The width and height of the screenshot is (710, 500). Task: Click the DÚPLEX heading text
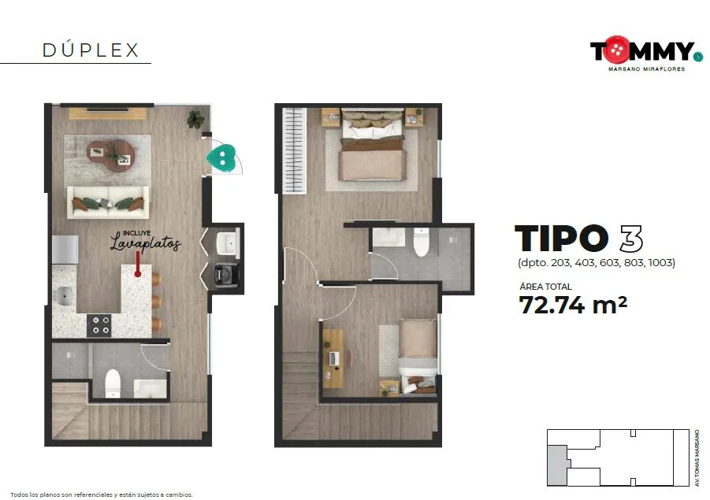tap(90, 50)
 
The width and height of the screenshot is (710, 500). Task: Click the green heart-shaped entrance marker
tap(222, 157)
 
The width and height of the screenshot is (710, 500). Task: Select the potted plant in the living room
tap(195, 119)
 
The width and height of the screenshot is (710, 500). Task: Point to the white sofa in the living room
tap(108, 202)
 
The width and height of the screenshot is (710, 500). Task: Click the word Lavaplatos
tap(146, 243)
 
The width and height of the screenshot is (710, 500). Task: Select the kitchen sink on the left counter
tap(64, 296)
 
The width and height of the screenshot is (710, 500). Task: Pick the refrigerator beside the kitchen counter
tap(65, 250)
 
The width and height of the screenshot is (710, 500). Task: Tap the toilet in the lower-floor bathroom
tap(113, 383)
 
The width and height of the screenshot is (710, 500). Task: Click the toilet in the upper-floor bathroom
tap(422, 242)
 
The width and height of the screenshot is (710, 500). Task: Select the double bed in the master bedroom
tap(372, 145)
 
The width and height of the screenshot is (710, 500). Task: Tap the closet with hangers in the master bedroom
tap(295, 150)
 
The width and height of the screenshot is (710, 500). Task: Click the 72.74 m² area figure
tap(573, 305)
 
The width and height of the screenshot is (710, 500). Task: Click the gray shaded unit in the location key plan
tap(557, 465)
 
